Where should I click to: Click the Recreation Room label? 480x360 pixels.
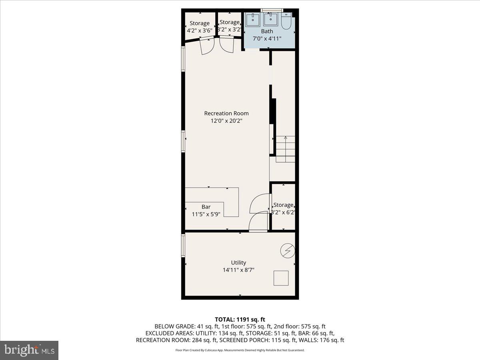tap(226, 113)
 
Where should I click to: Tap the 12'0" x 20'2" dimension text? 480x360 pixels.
tap(226, 121)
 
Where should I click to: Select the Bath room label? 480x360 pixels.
tap(267, 31)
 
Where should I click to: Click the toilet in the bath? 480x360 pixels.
tap(286, 22)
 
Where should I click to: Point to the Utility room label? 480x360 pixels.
tap(238, 262)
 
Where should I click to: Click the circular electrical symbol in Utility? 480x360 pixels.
tap(288, 251)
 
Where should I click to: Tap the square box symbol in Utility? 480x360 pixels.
tap(281, 278)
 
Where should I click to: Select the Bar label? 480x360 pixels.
tap(206, 207)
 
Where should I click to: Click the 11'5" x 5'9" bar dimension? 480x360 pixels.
tap(206, 214)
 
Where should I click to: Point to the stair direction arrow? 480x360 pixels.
tap(285, 138)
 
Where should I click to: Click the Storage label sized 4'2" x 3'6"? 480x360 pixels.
tap(199, 23)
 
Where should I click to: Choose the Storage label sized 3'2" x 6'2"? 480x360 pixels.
tap(283, 205)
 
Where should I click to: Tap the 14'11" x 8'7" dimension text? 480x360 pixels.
tap(238, 270)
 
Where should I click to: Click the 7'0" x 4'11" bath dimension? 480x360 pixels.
tap(267, 39)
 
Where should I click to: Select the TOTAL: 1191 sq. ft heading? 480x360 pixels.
tap(240, 319)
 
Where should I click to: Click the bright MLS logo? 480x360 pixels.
tap(29, 350)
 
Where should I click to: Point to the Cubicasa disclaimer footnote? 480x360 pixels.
tap(240, 350)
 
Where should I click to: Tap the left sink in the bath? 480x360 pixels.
tap(253, 20)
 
